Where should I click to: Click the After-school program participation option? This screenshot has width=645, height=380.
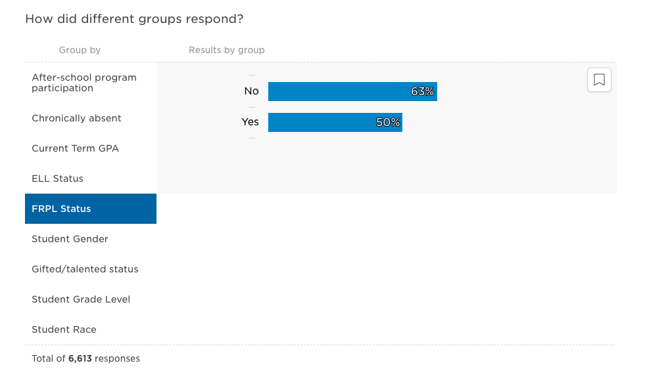point(84,83)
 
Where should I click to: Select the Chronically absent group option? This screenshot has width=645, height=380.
point(76,118)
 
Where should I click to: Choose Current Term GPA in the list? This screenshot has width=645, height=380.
point(75,148)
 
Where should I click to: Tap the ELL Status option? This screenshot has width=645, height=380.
point(57,179)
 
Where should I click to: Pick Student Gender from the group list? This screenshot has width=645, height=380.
point(70,239)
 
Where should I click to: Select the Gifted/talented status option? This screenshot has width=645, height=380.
point(85,269)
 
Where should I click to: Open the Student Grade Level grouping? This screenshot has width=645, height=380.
point(81,299)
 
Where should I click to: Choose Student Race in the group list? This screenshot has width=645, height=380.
point(64,329)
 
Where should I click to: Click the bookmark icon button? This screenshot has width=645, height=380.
point(599,80)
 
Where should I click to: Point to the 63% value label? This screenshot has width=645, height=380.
point(423,92)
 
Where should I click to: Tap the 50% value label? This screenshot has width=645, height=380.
point(388,122)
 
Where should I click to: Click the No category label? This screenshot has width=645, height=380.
point(251,91)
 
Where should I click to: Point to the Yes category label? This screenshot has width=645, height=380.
point(250,122)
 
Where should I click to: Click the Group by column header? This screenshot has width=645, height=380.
point(80,50)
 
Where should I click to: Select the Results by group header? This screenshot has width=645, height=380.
point(226,50)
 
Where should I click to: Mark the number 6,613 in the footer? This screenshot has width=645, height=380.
point(80,359)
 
